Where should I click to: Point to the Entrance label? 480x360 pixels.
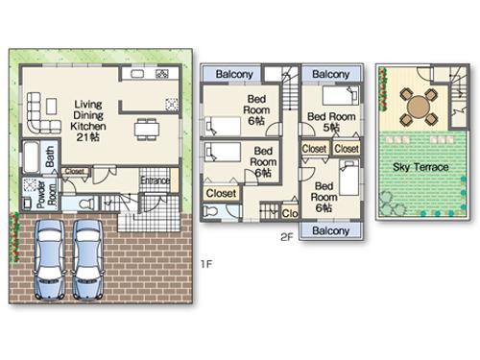click(156, 180)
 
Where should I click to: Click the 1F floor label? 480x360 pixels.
click(204, 262)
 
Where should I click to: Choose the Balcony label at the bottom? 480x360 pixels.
click(330, 231)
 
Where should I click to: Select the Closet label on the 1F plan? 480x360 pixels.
click(74, 172)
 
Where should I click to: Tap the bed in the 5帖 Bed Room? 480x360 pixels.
click(341, 96)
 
